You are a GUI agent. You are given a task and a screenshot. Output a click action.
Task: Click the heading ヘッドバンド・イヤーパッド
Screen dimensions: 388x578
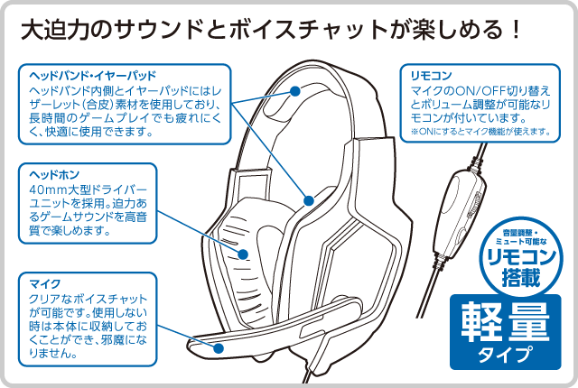coord(93,76)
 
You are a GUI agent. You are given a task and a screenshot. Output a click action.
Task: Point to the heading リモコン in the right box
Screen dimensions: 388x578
coord(431,76)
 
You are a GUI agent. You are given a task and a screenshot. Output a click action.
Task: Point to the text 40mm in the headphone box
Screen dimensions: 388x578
coord(49,191)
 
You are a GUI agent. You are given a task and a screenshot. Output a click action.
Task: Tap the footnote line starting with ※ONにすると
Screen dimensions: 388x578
coord(480,132)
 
